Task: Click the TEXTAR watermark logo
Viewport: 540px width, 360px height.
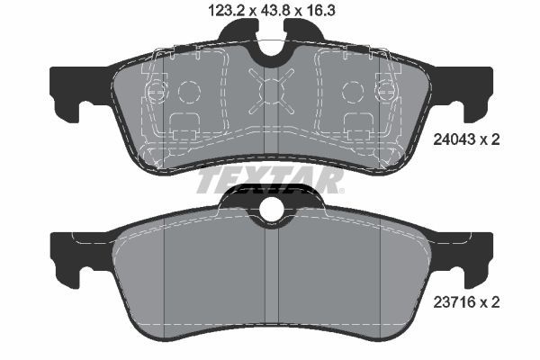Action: [x=270, y=181]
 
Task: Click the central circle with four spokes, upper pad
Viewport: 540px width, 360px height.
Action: [x=271, y=91]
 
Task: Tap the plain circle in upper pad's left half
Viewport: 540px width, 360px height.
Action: [x=189, y=92]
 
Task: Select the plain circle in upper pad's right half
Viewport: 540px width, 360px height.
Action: [x=352, y=92]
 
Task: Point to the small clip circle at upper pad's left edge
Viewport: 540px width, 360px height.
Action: [x=154, y=90]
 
